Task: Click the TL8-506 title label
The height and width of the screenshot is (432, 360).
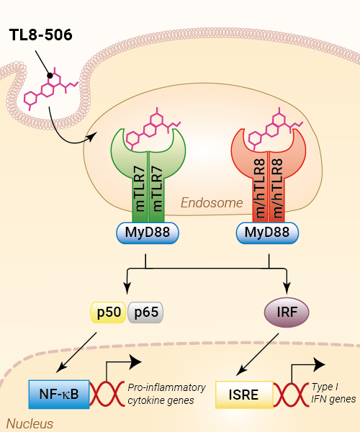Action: pos(41,35)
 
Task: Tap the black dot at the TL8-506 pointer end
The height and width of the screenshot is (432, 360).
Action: pos(50,75)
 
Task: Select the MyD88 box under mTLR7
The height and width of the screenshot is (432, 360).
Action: pos(148,233)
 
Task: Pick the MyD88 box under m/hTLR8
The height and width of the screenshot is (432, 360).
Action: pos(267,233)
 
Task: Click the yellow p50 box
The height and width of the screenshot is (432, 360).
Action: pos(109,312)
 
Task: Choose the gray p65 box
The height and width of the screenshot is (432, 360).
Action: pos(145,312)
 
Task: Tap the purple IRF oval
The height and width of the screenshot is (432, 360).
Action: pos(287,312)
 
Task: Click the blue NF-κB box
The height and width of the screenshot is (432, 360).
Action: pos(59,395)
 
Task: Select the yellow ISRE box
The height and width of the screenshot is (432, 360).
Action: pos(244,395)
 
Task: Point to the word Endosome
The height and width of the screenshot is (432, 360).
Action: pos(212,203)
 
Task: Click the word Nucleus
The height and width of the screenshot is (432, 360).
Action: pos(30,424)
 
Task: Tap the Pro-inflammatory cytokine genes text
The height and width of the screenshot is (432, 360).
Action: pos(166,394)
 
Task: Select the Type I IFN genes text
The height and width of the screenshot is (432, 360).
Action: pos(333,393)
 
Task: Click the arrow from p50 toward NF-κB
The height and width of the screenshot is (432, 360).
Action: pos(76,352)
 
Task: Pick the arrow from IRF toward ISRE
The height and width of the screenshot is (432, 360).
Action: pos(258,354)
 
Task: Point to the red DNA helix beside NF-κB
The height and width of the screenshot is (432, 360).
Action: pos(107,395)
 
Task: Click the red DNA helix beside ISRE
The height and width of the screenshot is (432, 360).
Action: pos(291,395)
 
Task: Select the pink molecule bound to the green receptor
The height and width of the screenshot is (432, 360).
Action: pos(153,128)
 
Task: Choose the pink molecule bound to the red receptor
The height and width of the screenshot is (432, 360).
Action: pos(275,128)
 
